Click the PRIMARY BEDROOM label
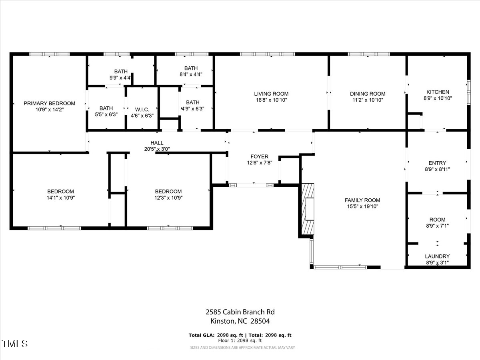click(49, 103)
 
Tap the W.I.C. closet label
click(142, 109)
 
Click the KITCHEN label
click(438, 92)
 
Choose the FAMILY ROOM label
click(362, 200)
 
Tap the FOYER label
click(259, 156)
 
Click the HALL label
click(157, 143)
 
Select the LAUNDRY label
click(437, 256)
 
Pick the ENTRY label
click(437, 163)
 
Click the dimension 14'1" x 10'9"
click(61, 197)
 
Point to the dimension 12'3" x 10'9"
click(168, 197)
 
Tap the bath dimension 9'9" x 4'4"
click(121, 78)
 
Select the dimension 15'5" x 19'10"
click(362, 206)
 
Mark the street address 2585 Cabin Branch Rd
click(240, 312)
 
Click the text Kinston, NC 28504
click(240, 321)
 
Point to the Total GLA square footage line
click(240, 335)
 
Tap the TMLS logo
click(15, 344)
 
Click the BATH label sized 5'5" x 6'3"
click(106, 108)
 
